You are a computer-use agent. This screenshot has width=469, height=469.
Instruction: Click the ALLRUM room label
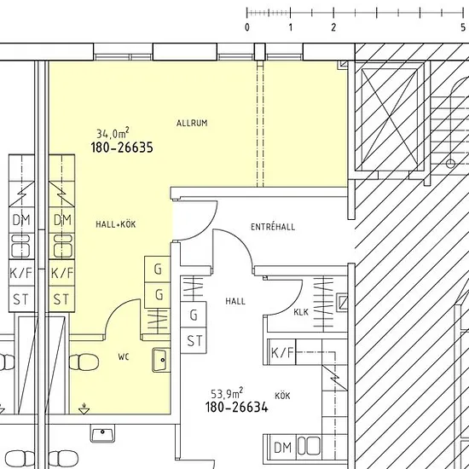(192, 123)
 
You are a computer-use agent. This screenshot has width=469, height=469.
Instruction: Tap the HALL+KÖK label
(116, 224)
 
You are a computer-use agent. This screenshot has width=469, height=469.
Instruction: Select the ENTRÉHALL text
(273, 227)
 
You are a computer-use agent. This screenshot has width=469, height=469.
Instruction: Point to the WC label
(124, 356)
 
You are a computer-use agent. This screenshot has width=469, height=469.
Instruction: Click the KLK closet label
(301, 312)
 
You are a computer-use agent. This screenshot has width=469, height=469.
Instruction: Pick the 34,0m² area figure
(113, 133)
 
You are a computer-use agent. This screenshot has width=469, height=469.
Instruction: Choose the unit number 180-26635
(122, 148)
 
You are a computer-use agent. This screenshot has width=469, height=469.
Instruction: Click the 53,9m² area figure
(227, 393)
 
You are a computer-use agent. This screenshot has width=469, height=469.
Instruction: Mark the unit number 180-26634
(236, 407)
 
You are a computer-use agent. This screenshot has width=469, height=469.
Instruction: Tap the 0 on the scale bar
(247, 27)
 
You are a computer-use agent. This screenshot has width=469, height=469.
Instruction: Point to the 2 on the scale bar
(333, 27)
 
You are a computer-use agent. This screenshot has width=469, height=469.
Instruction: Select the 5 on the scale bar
(463, 27)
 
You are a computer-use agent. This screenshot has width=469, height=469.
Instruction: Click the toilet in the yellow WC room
(84, 362)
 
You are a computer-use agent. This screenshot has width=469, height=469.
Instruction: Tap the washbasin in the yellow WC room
(161, 360)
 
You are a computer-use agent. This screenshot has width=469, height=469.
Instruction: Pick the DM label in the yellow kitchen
(62, 220)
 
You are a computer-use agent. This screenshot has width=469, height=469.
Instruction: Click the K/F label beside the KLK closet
(282, 352)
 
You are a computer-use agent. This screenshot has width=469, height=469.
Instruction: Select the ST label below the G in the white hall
(194, 341)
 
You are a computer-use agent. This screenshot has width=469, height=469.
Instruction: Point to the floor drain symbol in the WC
(84, 408)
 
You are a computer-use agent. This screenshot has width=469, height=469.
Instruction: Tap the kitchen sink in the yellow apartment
(62, 246)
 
